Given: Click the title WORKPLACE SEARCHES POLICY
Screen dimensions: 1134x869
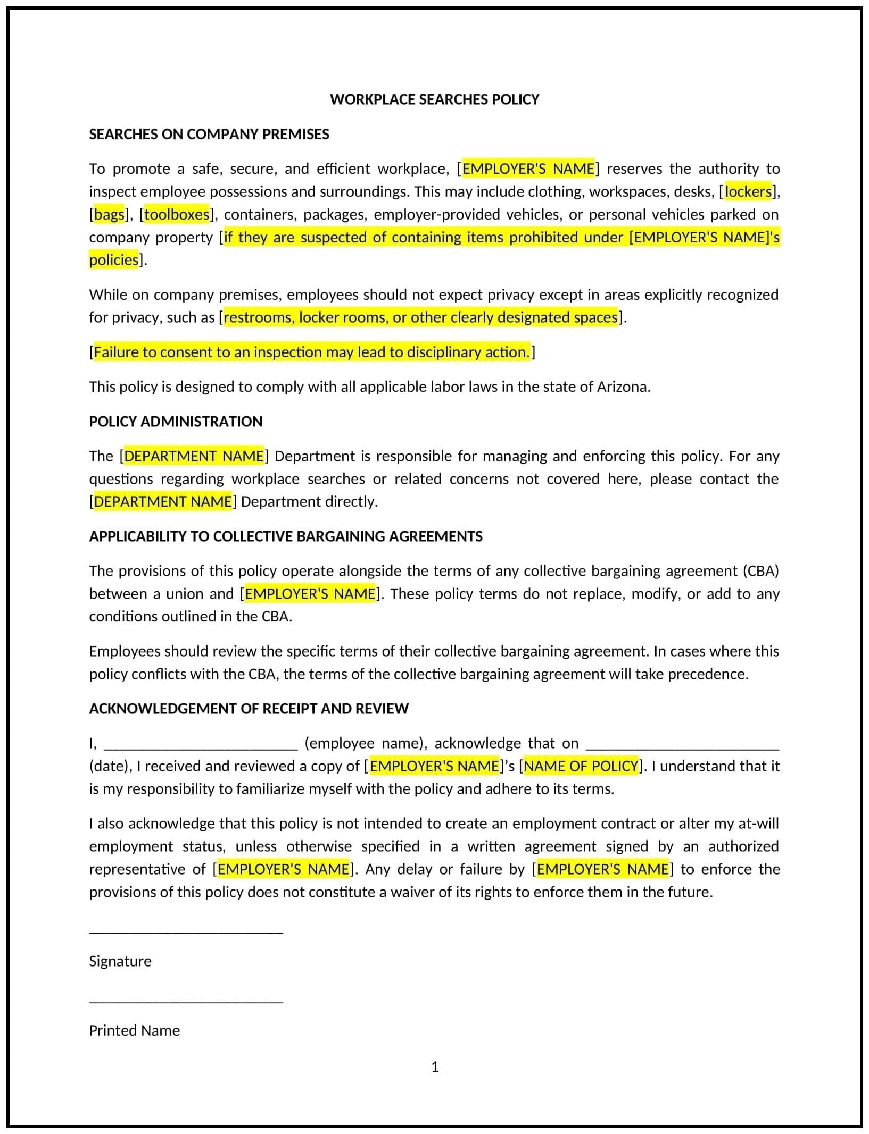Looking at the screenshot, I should click(434, 99).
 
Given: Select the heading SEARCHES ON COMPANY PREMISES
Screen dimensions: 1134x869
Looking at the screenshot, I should click(209, 134).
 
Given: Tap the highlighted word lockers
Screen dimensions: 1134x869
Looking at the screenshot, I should click(748, 191).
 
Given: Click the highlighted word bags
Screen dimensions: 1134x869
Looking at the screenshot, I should click(109, 214).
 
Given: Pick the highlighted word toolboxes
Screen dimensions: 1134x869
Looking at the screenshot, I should click(177, 214).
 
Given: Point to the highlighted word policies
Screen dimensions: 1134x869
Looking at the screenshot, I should click(113, 260).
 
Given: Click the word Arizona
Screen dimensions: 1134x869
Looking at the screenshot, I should click(623, 387).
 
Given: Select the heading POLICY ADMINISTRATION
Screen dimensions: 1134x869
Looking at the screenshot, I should click(176, 422).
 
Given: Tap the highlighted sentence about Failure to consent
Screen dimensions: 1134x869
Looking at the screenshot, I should click(312, 352).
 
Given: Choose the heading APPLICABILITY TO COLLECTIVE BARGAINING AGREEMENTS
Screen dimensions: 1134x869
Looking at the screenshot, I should click(286, 536).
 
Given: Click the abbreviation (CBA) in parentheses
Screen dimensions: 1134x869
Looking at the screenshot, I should click(760, 571).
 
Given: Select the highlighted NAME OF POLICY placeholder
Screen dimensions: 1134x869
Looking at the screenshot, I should click(581, 766).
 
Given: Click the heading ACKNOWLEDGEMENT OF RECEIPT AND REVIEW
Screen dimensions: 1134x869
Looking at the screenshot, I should click(249, 709).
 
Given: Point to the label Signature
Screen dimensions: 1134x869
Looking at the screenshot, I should click(120, 961).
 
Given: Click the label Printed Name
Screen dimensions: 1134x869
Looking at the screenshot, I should click(134, 1030).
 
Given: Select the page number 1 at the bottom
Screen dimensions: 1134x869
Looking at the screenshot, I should click(435, 1067).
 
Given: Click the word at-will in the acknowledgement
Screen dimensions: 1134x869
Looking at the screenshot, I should click(758, 824).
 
